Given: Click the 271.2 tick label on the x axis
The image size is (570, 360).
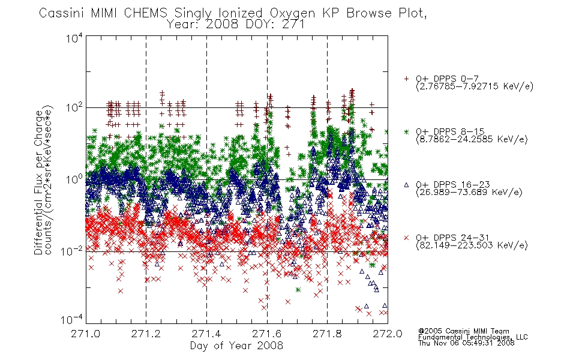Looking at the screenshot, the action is coord(146,334).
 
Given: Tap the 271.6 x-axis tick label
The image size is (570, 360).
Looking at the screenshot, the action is coord(267,334).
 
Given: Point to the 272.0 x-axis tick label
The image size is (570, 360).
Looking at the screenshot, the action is coord(388,334).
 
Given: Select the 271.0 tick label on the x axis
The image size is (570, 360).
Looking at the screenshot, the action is coord(86,334).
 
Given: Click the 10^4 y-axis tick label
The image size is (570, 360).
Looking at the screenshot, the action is coord(74,38).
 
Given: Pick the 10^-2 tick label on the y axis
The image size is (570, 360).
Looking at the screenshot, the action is coord(72,251).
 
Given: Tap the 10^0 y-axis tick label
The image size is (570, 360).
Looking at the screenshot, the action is coord(74,179).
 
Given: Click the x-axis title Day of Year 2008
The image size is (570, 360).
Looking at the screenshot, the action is coord(236,346).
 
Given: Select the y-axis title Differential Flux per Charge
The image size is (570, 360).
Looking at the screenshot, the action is coord(38,182).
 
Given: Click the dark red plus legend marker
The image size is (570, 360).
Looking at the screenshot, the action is coord(406,79).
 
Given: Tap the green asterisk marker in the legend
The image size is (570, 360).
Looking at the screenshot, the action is coord(406,131).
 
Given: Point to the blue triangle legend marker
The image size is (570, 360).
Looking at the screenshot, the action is coord(406,185).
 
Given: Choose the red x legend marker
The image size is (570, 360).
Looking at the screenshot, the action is coord(406,238).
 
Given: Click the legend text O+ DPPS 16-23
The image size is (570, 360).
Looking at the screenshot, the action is coord(453,185).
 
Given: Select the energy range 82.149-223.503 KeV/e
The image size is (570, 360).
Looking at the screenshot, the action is coord(472,245).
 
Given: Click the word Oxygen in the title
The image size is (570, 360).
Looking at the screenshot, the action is coord(293,13).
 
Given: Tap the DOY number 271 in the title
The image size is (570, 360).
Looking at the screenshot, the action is coord(293,25).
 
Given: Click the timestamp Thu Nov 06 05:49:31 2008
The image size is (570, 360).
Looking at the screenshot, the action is coord(466,343).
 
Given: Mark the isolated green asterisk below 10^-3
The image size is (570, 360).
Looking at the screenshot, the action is coord(298,290).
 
